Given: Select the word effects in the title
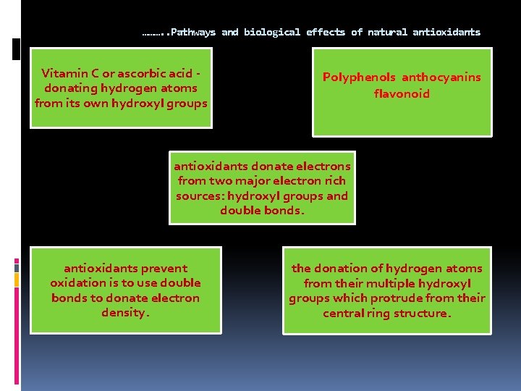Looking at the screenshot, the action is click(326, 33).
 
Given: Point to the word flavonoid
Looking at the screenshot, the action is click(402, 93).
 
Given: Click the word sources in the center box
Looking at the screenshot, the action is click(200, 196).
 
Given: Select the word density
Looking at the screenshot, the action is click(124, 314).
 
